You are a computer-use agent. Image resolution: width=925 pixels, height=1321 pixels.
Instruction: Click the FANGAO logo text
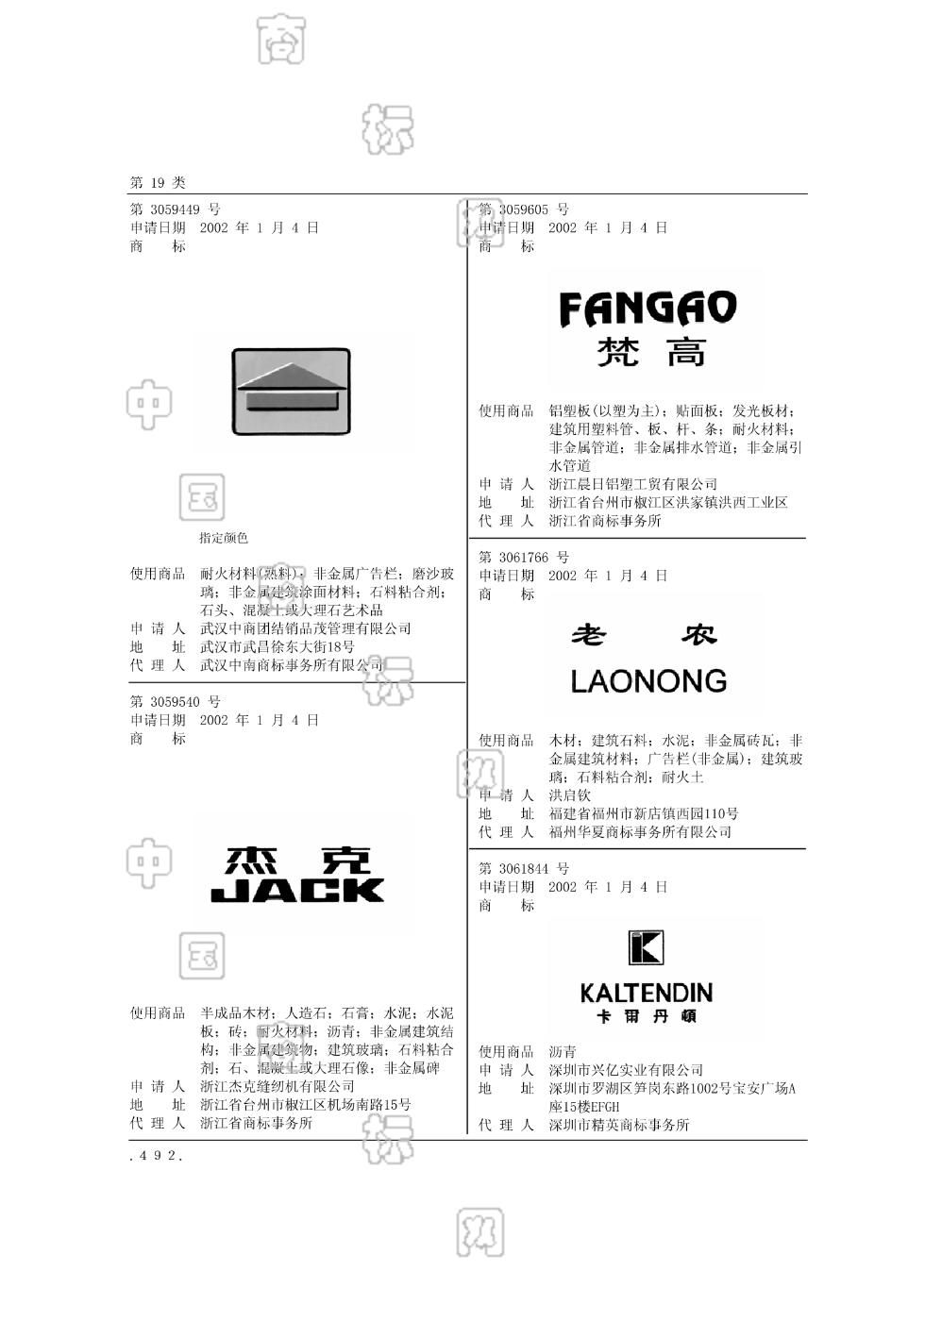point(647,309)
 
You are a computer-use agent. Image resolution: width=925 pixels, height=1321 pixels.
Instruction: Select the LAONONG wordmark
point(648,681)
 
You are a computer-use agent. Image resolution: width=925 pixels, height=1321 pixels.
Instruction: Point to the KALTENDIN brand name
point(647,993)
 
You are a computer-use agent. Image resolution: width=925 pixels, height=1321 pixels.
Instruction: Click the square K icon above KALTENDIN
point(647,947)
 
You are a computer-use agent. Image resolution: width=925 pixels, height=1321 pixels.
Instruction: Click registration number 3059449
point(175,209)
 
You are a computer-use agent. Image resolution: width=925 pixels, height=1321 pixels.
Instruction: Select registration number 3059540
point(175,702)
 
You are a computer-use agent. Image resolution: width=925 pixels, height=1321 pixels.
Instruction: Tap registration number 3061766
point(524,558)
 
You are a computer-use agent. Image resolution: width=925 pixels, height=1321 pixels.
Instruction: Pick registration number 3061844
point(524,869)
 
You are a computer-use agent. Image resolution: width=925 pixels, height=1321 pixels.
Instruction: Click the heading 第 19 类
point(158,182)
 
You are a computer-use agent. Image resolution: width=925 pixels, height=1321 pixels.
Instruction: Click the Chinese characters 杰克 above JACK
point(299,860)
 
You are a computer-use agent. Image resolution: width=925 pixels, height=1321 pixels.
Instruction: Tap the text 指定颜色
point(224,538)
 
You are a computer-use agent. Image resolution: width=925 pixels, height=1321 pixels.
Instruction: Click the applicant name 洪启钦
point(570,795)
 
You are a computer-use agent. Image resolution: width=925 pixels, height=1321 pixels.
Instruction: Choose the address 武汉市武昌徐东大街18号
point(277,647)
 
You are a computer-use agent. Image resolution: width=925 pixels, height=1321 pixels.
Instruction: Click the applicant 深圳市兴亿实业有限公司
point(626,1070)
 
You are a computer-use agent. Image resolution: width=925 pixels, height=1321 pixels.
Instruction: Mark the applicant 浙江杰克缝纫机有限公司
point(277,1087)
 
